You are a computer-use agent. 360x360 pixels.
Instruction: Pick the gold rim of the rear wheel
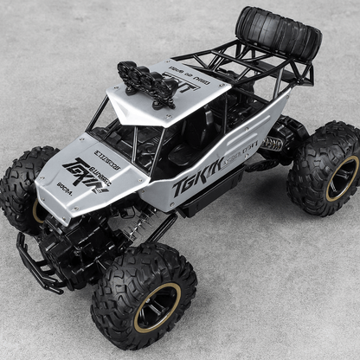[342, 177]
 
